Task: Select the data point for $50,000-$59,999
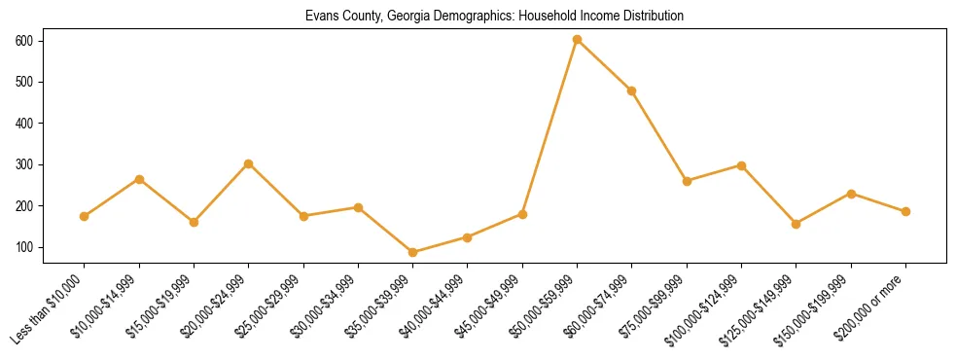coord(578,40)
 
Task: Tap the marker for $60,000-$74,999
coord(632,90)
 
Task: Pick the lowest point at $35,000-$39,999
coord(413,252)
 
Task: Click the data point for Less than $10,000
coord(85,216)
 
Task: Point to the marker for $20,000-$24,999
coord(249,163)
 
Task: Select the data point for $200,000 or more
coord(905,211)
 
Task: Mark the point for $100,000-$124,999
coord(741,165)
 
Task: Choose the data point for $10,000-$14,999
coord(139,179)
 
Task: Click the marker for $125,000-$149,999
coord(797,224)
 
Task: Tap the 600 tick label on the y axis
coord(23,41)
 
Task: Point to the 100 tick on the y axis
coord(23,248)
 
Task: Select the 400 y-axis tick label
coord(23,124)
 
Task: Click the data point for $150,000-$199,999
coord(851,194)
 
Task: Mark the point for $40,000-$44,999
coord(468,237)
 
